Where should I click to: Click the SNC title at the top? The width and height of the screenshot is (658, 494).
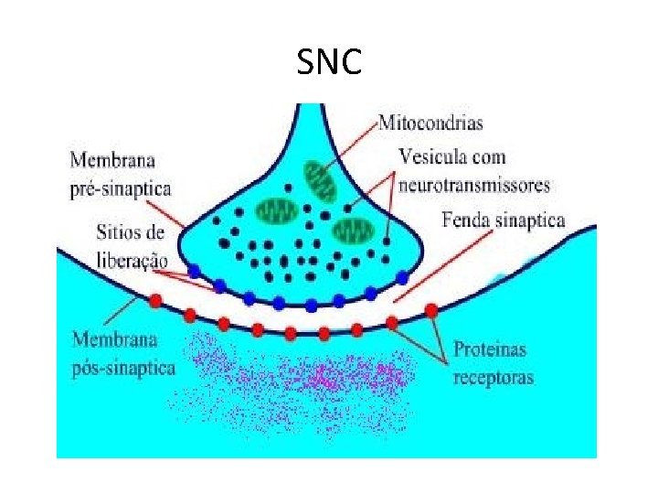coord(329,62)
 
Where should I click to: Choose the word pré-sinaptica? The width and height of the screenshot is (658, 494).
coord(120,188)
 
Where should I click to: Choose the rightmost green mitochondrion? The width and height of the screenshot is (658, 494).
coord(353,228)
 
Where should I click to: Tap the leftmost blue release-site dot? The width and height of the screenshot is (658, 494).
coord(194,271)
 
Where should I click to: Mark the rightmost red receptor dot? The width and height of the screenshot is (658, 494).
coord(430,310)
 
